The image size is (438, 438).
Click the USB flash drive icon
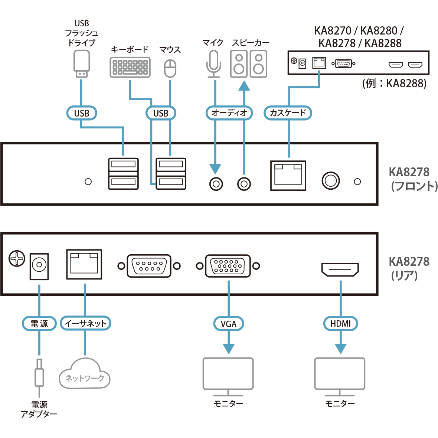[x=81, y=63]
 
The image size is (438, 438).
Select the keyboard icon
[x=130, y=67]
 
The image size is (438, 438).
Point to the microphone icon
[x=213, y=64]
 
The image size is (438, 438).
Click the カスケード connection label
[x=288, y=113]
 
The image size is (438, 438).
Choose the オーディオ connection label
[x=229, y=113]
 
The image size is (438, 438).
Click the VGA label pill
[x=228, y=324]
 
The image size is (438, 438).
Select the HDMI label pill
[x=340, y=324]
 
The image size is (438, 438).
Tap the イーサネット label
[x=85, y=324]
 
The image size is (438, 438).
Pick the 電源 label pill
[x=39, y=324]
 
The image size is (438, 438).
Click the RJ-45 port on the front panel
[x=288, y=176]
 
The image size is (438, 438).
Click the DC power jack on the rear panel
[x=39, y=266]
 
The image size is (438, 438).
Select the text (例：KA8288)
[x=394, y=84]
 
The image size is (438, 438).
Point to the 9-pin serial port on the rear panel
[x=149, y=266]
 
